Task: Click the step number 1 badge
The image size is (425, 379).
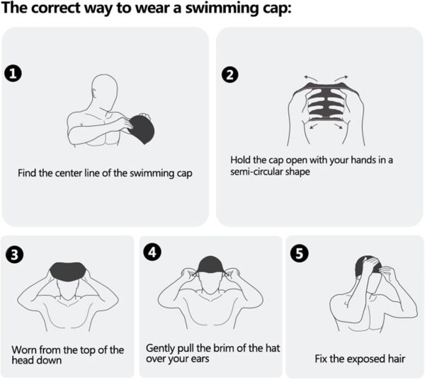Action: (x=13, y=72)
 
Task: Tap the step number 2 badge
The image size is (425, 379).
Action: (x=229, y=74)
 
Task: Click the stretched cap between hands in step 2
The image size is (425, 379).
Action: (x=319, y=110)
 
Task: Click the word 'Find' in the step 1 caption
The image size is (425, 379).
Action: (x=29, y=173)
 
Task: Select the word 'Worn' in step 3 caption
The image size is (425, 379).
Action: (x=25, y=349)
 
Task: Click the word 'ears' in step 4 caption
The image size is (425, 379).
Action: (x=208, y=358)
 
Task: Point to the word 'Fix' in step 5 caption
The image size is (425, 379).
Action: (x=323, y=358)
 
